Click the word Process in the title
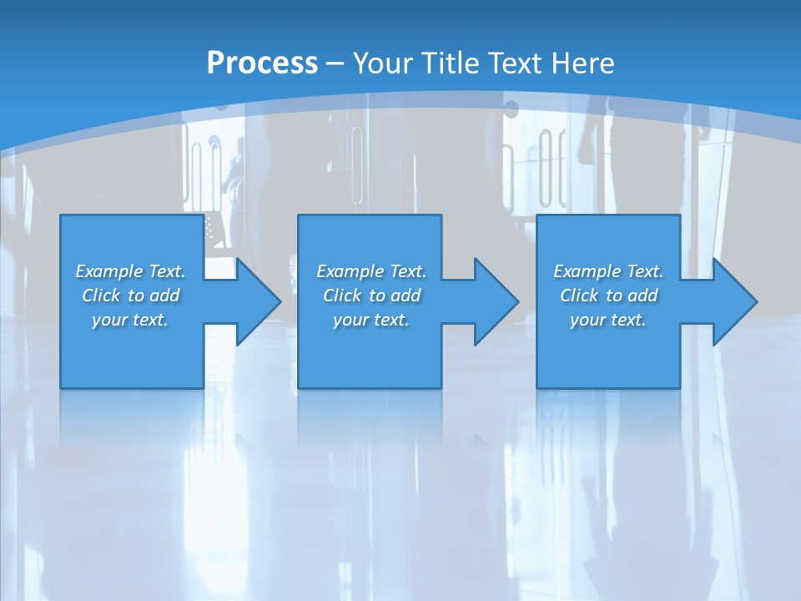[x=262, y=63]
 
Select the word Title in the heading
[x=451, y=63]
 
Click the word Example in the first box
[x=109, y=271]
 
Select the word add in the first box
[x=165, y=295]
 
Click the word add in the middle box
[x=406, y=295]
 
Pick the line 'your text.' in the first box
[x=130, y=320]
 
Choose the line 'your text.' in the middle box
[x=371, y=320]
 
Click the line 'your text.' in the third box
[x=608, y=320]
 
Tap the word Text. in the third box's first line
[x=643, y=271]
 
